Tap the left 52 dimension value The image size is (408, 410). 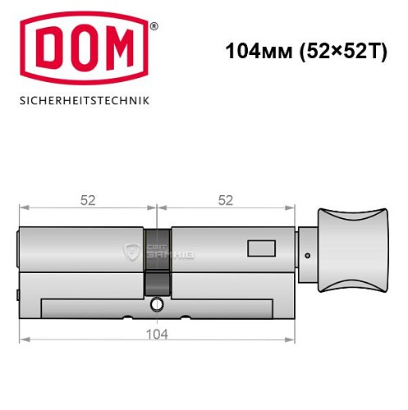tap(85, 199)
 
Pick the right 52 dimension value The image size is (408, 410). tap(226, 199)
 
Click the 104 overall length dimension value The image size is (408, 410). tap(156, 334)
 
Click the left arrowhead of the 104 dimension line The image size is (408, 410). tap(24, 338)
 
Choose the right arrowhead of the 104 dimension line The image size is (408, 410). tap(292, 338)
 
